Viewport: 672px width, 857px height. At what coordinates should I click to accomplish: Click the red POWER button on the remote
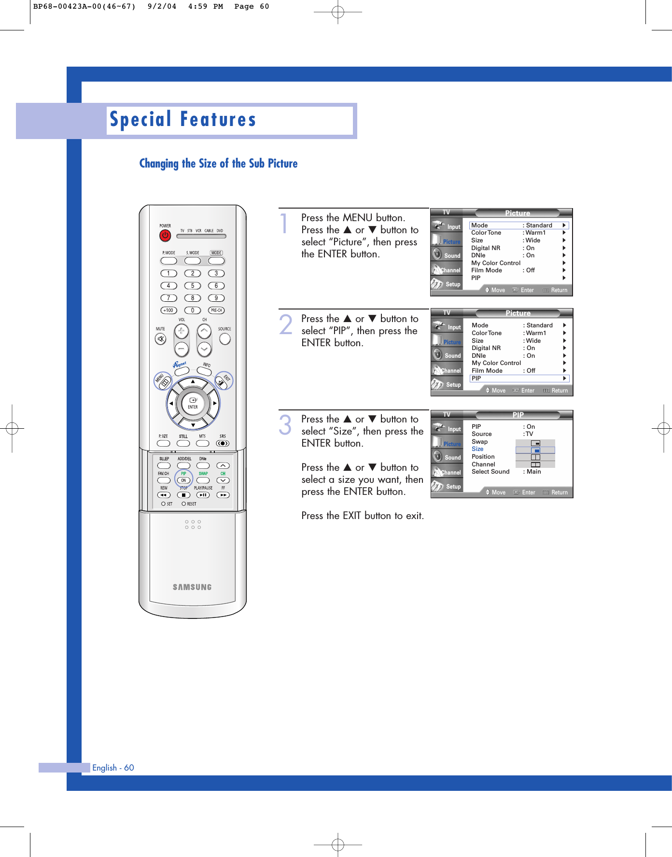click(x=165, y=236)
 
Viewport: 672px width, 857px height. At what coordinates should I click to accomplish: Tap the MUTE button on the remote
click(x=161, y=339)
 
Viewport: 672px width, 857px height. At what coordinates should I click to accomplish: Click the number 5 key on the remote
click(x=192, y=286)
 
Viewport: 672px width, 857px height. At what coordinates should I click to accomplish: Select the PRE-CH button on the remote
click(x=216, y=310)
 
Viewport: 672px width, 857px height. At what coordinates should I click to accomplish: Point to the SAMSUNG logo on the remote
click(x=192, y=587)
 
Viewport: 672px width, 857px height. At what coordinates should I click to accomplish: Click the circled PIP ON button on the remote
click(x=183, y=480)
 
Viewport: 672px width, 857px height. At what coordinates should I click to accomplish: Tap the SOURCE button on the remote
click(x=224, y=339)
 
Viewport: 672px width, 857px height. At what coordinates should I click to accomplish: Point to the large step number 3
click(x=285, y=425)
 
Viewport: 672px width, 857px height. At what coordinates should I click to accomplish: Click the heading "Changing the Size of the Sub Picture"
click(x=218, y=164)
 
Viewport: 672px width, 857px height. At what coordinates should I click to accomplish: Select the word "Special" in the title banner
click(x=140, y=119)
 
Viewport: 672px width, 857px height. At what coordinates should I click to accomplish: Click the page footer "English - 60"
click(x=113, y=768)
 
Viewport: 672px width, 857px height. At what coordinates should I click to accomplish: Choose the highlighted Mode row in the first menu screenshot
click(x=518, y=225)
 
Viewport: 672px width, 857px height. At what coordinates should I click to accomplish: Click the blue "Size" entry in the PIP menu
click(x=477, y=449)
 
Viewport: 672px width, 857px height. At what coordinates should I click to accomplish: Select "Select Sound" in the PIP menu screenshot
click(x=490, y=472)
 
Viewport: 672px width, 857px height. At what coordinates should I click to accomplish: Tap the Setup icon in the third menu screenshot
click(x=447, y=486)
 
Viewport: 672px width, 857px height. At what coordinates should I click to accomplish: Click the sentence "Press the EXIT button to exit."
click(x=363, y=516)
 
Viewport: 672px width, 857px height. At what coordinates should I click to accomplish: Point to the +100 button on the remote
click(x=168, y=310)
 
